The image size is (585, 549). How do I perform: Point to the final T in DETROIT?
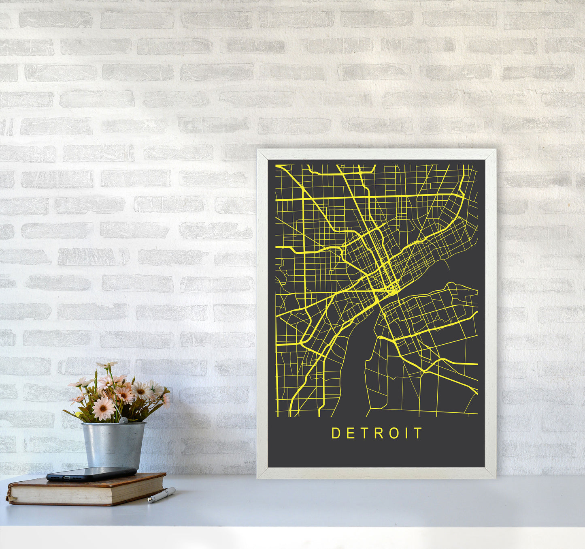coord(419,433)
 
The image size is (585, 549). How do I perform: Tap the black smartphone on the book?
coord(91,474)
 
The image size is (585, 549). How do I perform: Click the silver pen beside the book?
coord(161,495)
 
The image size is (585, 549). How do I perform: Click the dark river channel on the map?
coord(356,365)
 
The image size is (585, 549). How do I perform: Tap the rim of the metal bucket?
coord(113,424)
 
